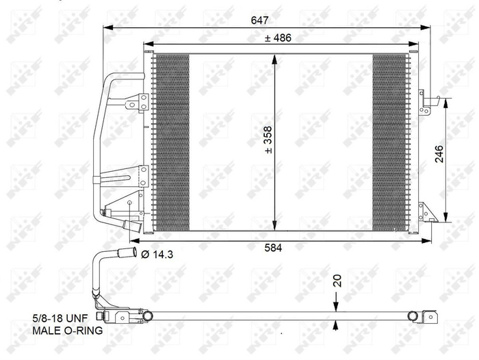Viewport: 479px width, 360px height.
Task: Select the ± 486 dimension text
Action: point(278,38)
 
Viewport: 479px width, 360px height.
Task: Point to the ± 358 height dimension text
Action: point(269,140)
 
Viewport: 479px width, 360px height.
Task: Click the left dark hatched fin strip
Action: point(170,142)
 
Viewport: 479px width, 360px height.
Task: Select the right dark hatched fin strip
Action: point(389,142)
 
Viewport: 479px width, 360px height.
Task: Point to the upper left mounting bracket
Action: point(140,102)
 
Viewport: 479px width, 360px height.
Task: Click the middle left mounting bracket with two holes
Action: point(142,175)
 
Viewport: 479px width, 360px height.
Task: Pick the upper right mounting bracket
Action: point(426,104)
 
